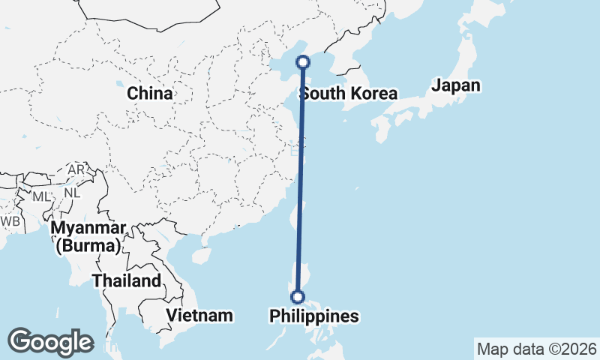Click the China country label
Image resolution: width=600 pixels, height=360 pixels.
pyautogui.click(x=150, y=94)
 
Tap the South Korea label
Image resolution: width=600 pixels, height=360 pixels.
pyautogui.click(x=349, y=94)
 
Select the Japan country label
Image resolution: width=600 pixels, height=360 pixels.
pyautogui.click(x=455, y=85)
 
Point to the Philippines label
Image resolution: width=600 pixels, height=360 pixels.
pyautogui.click(x=314, y=316)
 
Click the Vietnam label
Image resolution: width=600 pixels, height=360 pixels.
pyautogui.click(x=199, y=316)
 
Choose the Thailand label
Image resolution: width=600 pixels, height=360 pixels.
pyautogui.click(x=127, y=281)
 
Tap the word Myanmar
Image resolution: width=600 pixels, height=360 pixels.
pyautogui.click(x=88, y=228)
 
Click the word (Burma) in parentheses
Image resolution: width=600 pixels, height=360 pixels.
pyautogui.click(x=88, y=245)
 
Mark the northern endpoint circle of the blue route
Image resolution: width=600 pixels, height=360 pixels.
pyautogui.click(x=303, y=62)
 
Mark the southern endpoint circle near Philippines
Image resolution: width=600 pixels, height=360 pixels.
pyautogui.click(x=298, y=297)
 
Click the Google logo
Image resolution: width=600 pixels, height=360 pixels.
pyautogui.click(x=50, y=342)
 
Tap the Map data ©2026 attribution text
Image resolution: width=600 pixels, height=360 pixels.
pyautogui.click(x=537, y=349)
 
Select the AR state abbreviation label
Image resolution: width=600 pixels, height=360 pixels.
pyautogui.click(x=76, y=169)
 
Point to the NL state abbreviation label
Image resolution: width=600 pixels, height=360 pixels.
pyautogui.click(x=72, y=192)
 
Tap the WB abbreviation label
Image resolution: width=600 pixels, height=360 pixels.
pyautogui.click(x=10, y=222)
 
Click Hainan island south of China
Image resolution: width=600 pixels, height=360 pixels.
pyautogui.click(x=199, y=256)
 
